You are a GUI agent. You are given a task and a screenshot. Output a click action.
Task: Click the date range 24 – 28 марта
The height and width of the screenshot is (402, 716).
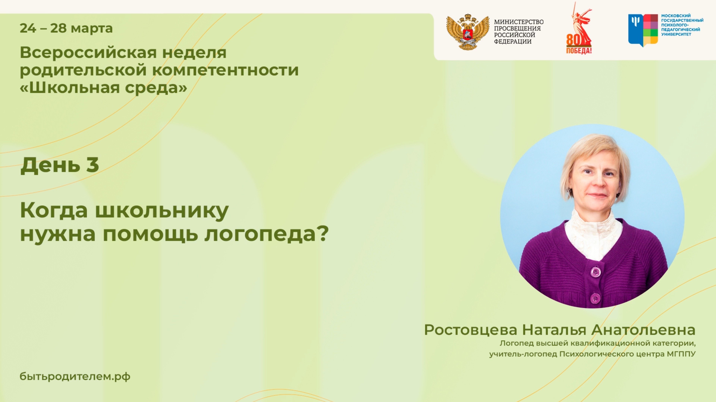66,28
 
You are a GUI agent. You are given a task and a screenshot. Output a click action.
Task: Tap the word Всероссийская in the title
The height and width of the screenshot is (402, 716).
88,53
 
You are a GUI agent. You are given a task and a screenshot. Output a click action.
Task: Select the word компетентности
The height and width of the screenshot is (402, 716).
225,70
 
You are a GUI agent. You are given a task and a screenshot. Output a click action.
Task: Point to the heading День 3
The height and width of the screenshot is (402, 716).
59,165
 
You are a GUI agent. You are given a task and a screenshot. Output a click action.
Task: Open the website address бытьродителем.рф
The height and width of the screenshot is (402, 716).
75,377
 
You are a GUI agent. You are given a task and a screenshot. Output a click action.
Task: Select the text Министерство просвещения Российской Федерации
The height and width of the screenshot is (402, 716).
519,32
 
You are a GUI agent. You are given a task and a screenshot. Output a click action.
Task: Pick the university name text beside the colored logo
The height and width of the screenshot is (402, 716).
682,25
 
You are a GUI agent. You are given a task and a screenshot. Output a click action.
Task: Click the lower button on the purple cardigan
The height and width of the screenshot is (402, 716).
595,298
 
